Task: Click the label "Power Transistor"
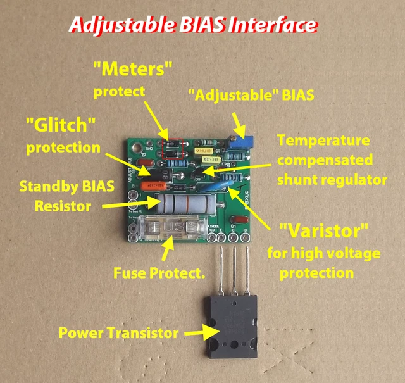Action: point(118,332)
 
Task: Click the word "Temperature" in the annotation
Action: point(323,140)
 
